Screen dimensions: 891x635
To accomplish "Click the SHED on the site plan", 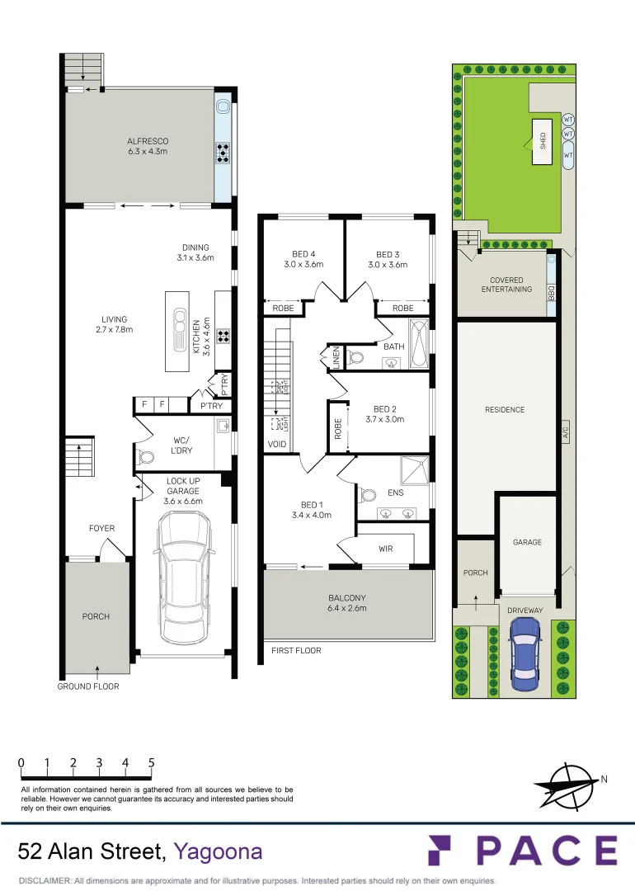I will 542,142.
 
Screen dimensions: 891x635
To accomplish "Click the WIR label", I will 385,549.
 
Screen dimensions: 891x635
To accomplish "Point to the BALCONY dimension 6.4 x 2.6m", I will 347,608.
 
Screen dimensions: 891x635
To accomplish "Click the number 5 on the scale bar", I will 152,762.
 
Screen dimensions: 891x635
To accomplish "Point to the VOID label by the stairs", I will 276,444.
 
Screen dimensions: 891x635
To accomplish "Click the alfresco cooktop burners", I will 223,152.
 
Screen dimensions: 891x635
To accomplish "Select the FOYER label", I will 102,528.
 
